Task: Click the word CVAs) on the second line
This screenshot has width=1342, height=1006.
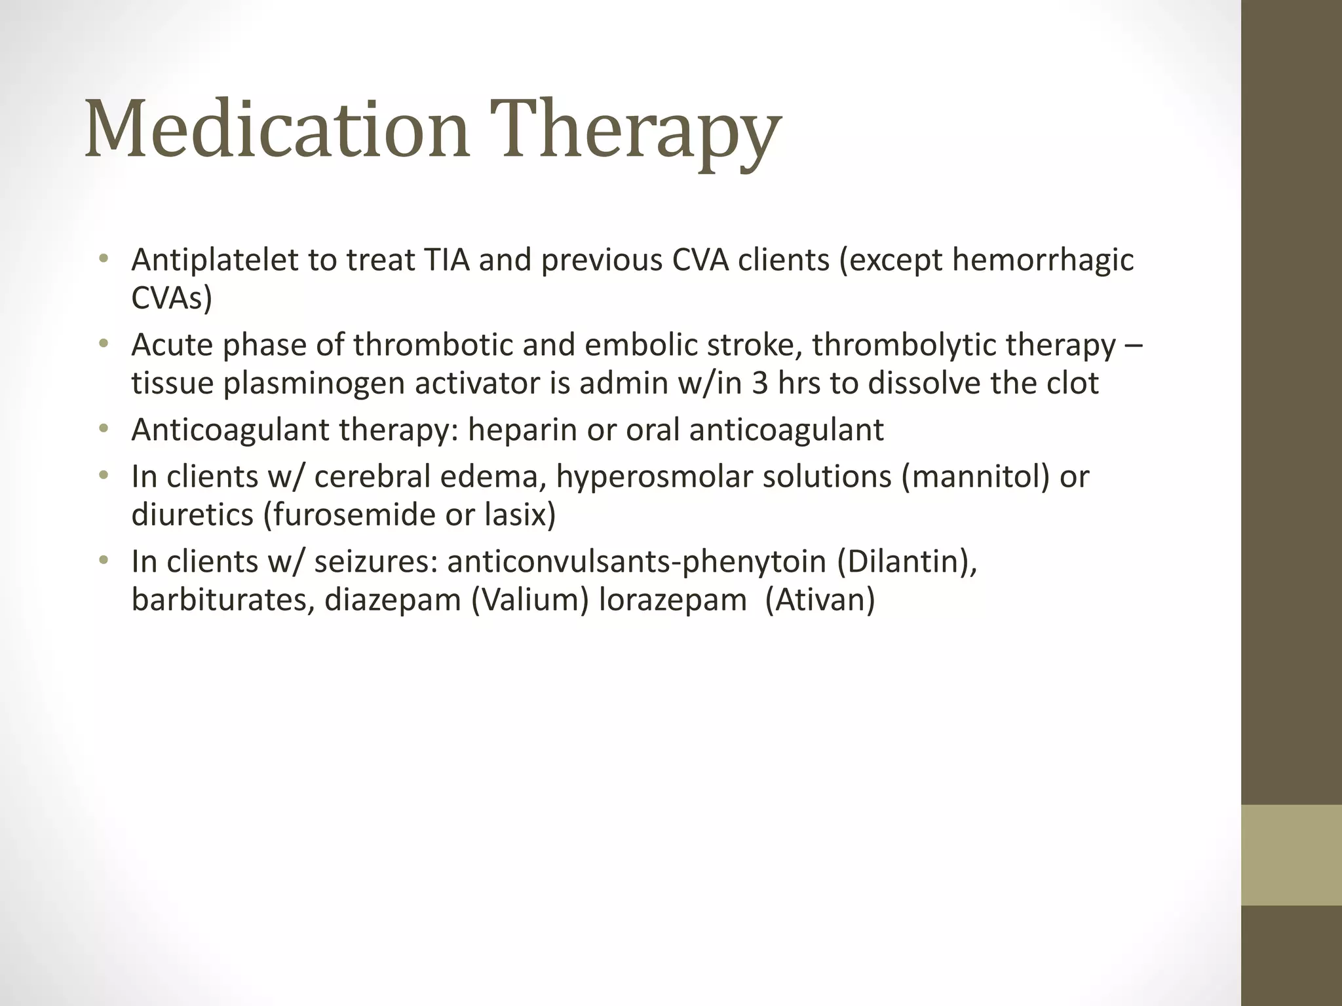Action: pyautogui.click(x=172, y=299)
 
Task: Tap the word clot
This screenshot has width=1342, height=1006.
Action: pyautogui.click(x=1072, y=383)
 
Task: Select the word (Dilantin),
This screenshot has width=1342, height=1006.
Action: pyautogui.click(x=908, y=562)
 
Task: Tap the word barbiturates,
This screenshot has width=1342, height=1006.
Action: pyautogui.click(x=223, y=600)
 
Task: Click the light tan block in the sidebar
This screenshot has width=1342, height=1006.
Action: pyautogui.click(x=1291, y=855)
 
